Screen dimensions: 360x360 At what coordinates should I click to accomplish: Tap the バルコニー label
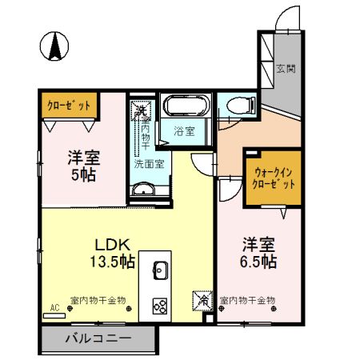[98, 339]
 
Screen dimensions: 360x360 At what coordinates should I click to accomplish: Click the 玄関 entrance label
[286, 69]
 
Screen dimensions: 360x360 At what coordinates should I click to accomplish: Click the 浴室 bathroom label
[184, 131]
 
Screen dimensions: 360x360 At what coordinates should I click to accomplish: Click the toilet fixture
[237, 106]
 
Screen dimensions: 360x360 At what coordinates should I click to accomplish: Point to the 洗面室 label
[148, 163]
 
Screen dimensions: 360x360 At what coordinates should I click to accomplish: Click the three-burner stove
[158, 305]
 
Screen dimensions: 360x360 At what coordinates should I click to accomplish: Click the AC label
[54, 307]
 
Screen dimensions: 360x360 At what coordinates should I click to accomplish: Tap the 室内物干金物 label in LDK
[98, 300]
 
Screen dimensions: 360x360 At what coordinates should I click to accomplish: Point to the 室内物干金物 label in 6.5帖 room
[247, 300]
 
